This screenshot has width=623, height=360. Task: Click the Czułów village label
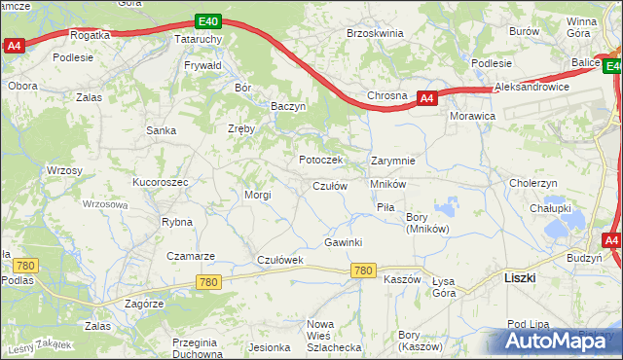[330, 186]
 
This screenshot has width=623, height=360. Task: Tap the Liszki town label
[520, 277]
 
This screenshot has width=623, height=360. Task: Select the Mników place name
[387, 184]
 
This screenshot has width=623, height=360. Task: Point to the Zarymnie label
[393, 161]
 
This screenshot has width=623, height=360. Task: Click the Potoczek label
[320, 160]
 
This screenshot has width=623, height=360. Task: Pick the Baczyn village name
[289, 105]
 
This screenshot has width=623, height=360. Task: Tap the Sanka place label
[161, 129]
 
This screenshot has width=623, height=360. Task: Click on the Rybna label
[177, 222]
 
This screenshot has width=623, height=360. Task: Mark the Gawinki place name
[344, 242]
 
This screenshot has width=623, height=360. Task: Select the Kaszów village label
[402, 279]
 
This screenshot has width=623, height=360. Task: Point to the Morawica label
[473, 116]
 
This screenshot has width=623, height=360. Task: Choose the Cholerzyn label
[533, 182]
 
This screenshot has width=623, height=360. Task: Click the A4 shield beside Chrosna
[426, 97]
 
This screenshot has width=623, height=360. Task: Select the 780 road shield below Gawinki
[364, 270]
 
